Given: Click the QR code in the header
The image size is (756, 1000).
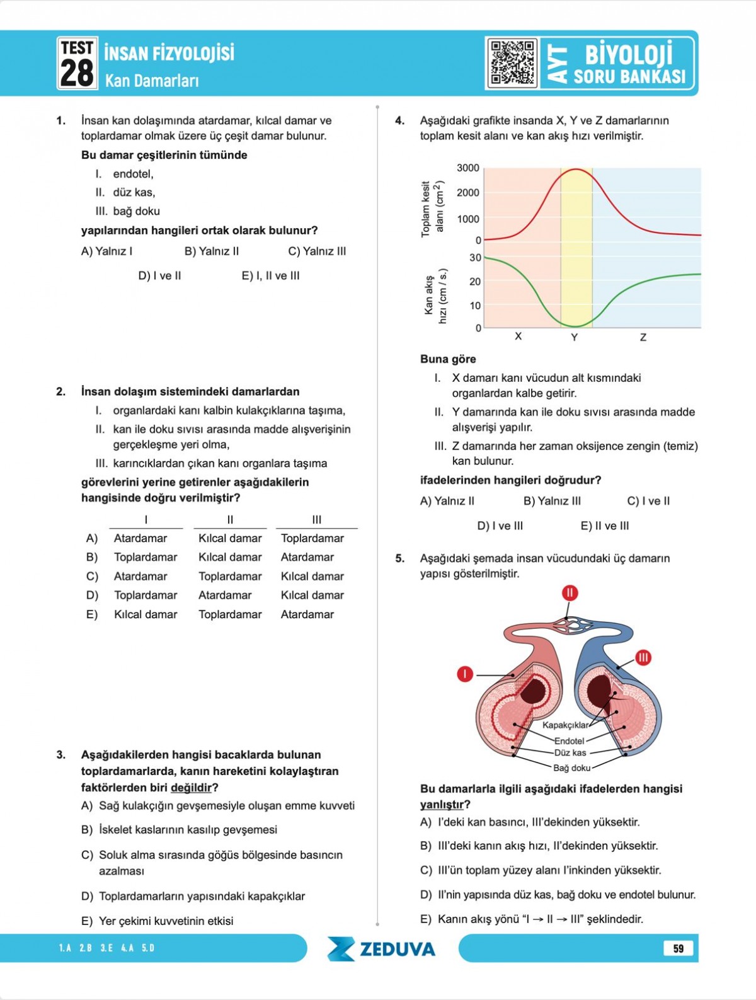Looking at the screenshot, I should (512, 63).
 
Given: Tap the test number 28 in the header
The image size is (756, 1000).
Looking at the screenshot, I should (77, 72).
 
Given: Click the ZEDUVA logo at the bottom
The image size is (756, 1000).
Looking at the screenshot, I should (382, 949).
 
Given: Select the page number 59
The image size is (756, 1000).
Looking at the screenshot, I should (678, 948).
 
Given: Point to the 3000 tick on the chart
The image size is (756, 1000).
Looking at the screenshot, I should (468, 168).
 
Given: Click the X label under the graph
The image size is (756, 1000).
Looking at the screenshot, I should (518, 336).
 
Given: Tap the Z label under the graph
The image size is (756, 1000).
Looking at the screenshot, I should (643, 338).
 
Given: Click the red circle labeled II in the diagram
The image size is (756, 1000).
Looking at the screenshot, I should (570, 593).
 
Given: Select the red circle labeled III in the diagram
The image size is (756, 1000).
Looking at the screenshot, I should (643, 658).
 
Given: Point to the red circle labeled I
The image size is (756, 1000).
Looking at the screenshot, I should (464, 674).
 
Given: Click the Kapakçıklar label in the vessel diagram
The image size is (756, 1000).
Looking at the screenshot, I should (565, 725).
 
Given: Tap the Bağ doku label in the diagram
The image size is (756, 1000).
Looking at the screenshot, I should (571, 767).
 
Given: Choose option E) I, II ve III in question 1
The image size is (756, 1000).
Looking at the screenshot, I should (271, 276).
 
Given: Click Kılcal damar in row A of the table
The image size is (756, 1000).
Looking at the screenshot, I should (230, 538).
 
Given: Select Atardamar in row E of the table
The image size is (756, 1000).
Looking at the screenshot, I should (307, 614).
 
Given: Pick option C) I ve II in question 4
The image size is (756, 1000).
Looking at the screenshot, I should (648, 502).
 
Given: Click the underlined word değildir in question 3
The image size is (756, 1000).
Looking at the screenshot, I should (191, 788).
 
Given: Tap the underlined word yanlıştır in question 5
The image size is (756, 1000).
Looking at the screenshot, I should (442, 805).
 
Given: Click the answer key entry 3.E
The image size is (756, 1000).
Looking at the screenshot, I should (106, 948).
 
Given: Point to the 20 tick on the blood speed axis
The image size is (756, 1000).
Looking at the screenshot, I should (474, 282).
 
